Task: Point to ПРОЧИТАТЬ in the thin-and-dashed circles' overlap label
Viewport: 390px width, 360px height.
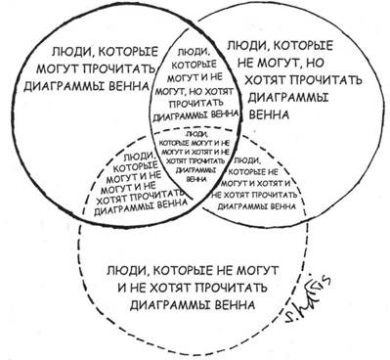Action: pyautogui.click(x=270, y=194)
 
